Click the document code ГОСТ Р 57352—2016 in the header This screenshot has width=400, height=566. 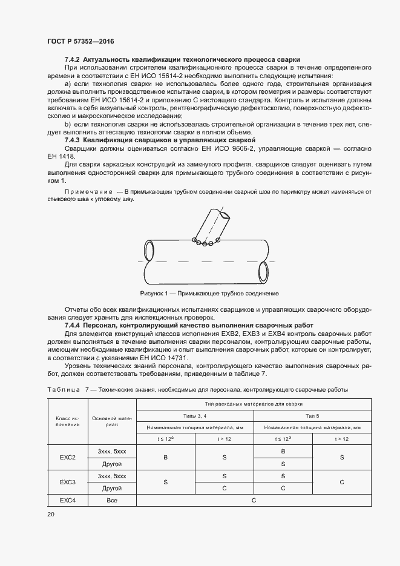click(80, 41)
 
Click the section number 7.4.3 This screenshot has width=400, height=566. click(73, 140)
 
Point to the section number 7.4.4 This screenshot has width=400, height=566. click(73, 325)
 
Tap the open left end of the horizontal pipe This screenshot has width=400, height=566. click(148, 250)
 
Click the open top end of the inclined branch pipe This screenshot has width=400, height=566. click(225, 215)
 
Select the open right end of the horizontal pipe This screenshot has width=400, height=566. click(263, 270)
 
